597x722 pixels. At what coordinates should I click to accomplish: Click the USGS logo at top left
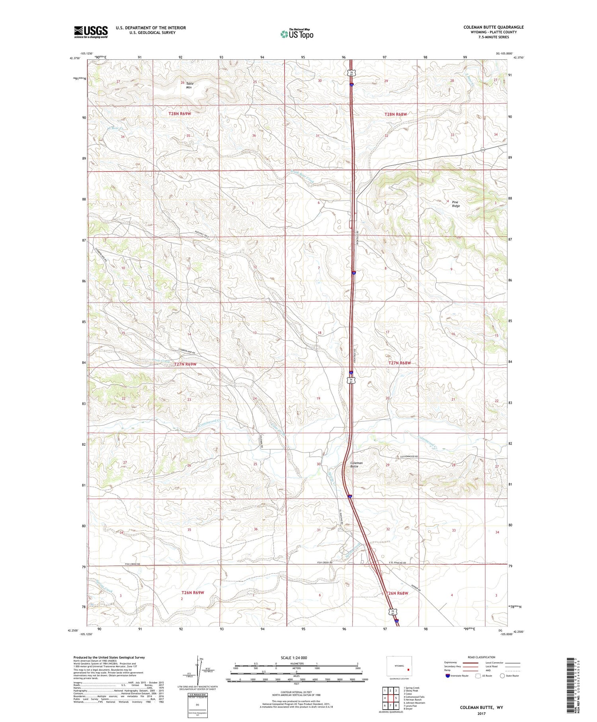91,32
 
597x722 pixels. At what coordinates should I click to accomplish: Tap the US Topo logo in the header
297,34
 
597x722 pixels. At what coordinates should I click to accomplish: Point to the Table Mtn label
189,85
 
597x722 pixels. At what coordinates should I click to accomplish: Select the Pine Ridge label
456,204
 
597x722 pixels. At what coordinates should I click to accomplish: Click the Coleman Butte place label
356,464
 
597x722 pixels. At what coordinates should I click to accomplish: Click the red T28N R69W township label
180,113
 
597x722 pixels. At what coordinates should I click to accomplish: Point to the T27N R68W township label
399,363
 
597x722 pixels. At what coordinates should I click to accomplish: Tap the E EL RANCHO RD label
396,563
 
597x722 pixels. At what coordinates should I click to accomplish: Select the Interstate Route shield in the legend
448,676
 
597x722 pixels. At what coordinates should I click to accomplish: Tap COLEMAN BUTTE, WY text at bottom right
481,707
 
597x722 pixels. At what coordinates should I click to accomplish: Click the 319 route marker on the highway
482,150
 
